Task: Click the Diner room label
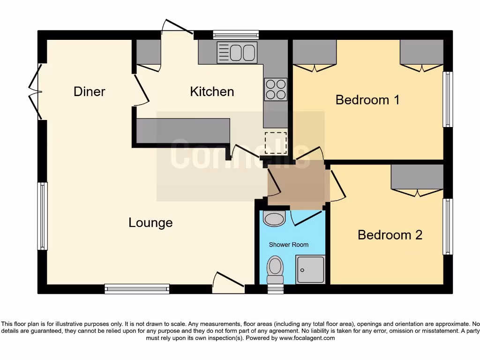click(90, 91)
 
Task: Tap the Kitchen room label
click(212, 91)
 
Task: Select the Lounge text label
click(150, 223)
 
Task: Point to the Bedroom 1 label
click(367, 100)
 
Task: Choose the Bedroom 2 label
click(390, 234)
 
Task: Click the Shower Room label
click(289, 245)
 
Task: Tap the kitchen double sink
click(237, 52)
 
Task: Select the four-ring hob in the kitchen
click(276, 89)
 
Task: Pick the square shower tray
click(310, 270)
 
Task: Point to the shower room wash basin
click(274, 218)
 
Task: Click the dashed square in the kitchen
click(275, 143)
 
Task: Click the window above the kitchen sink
click(236, 34)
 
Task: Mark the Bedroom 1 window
click(448, 99)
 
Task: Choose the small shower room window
click(275, 289)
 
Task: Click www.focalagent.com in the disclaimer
click(307, 338)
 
